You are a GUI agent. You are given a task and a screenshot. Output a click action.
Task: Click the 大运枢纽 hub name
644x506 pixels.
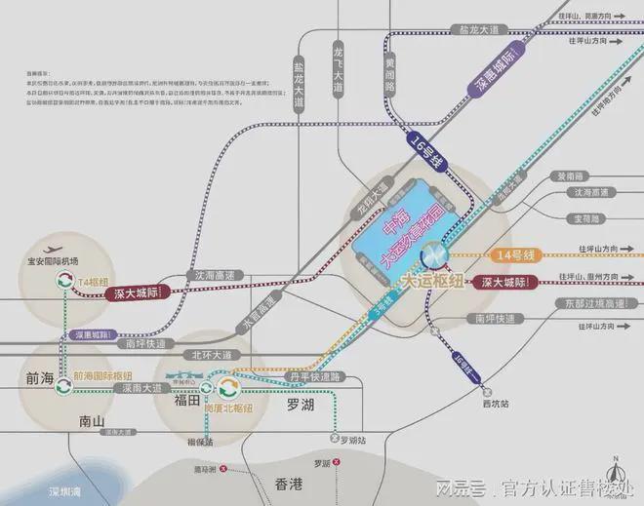[433, 281]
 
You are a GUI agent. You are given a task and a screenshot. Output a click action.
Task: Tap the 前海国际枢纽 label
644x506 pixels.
[103, 375]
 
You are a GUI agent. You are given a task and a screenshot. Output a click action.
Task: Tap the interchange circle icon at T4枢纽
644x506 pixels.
[63, 281]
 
